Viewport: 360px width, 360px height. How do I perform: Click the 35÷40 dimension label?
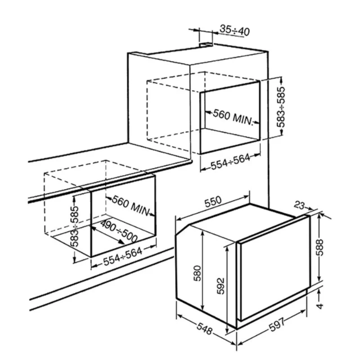click(234, 30)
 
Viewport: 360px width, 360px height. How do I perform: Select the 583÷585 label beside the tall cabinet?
click(280, 107)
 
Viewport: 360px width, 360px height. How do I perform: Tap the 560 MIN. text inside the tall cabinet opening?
click(233, 117)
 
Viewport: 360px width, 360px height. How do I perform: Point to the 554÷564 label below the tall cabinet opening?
click(230, 162)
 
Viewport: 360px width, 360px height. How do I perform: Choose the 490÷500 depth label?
click(119, 231)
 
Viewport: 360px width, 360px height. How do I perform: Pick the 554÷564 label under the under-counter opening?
click(122, 256)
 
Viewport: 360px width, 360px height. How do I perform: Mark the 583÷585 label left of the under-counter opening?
click(75, 226)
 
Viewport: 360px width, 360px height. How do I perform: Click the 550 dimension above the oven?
click(213, 201)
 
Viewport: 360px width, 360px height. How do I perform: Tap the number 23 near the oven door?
click(299, 205)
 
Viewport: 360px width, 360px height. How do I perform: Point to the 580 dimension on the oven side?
click(197, 273)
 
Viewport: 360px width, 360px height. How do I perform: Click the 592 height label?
click(220, 286)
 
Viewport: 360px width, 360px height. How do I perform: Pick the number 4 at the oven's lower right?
click(319, 306)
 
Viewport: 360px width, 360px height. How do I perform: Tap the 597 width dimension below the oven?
click(277, 324)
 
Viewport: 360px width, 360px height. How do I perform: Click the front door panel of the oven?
click(273, 268)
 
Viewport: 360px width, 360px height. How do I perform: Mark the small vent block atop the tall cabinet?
click(206, 45)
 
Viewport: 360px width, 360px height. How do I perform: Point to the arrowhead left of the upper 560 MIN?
click(208, 112)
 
